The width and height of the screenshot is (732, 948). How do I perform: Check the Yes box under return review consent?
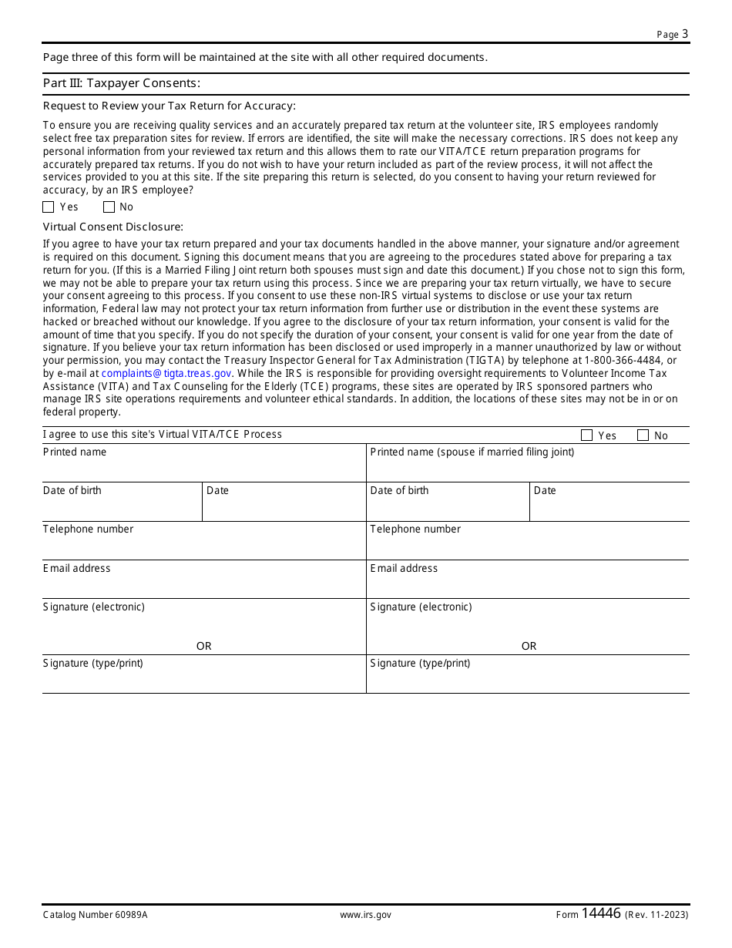[49, 207]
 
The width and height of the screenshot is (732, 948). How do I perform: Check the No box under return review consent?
[109, 207]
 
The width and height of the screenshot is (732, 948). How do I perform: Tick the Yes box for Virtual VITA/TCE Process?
[586, 435]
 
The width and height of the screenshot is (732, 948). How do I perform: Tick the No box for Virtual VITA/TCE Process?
[643, 435]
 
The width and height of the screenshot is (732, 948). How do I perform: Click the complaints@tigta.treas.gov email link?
[166, 373]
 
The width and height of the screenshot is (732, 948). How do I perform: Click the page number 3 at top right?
[684, 34]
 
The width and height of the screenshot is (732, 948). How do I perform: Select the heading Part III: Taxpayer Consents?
[122, 83]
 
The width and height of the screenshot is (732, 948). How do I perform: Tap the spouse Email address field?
[528, 584]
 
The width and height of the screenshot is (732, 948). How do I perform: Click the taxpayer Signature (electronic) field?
[203, 624]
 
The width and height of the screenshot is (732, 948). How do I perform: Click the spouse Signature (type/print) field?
[528, 679]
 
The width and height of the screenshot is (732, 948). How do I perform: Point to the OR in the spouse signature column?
[529, 646]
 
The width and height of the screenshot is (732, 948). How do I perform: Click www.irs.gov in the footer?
[365, 915]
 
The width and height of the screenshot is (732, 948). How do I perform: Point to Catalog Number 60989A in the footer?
[95, 915]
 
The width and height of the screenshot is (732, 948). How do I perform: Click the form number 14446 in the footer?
[601, 914]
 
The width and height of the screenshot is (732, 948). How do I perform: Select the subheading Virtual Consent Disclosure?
[113, 227]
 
